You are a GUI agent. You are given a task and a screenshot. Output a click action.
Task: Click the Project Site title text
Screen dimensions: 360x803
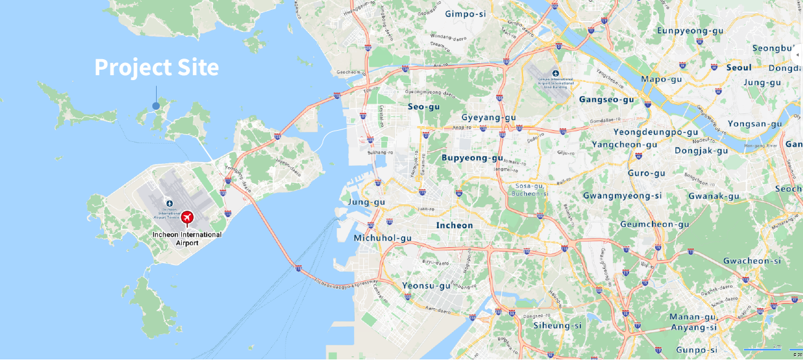coord(156,67)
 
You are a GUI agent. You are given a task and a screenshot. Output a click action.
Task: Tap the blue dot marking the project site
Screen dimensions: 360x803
coord(156,106)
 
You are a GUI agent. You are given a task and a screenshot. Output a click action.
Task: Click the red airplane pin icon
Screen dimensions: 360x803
coord(187,218)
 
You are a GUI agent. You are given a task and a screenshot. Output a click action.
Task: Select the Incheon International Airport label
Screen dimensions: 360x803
coord(187,239)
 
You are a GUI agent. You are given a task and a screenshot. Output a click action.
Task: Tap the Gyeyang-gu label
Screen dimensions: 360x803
coord(488,117)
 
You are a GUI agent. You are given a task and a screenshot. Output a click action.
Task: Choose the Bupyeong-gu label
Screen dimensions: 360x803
coord(472,158)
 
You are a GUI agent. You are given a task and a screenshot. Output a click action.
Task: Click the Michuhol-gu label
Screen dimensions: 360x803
coord(382,238)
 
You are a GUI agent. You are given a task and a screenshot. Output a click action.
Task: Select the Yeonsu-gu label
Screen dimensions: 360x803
coord(426,285)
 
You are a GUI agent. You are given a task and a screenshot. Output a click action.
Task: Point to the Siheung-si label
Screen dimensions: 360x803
coord(558,325)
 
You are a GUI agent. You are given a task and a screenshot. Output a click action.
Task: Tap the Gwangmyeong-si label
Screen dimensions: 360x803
coord(622,196)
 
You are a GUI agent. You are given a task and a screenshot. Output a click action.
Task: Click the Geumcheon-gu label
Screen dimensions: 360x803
coord(654,224)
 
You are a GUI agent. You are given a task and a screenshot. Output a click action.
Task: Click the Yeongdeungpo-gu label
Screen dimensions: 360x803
coord(656,132)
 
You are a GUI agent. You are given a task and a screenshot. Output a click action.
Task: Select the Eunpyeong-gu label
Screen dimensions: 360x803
coord(689,30)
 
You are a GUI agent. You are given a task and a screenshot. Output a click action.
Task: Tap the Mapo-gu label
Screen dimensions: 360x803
coord(661,79)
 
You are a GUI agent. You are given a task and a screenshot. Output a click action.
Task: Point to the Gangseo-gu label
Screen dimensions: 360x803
coord(606,99)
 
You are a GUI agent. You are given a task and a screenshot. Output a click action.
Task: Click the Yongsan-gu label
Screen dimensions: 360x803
coord(754,124)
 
